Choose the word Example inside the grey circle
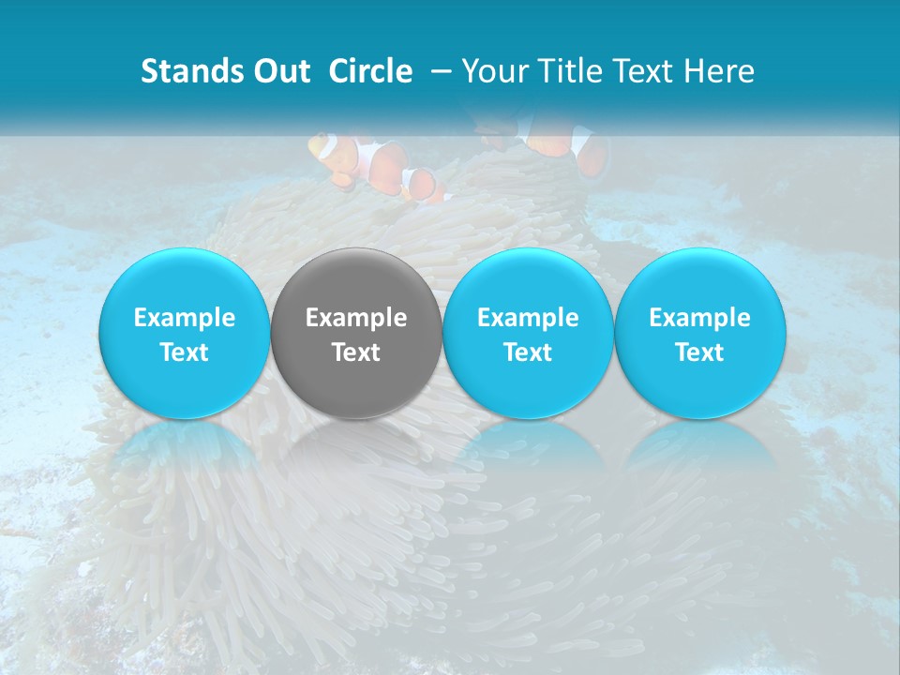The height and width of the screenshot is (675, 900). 356,318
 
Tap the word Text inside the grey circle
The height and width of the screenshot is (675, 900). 356,352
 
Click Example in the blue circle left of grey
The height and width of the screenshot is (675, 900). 185,318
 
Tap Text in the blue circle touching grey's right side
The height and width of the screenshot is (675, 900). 528,352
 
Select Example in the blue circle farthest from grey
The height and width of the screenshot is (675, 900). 700,318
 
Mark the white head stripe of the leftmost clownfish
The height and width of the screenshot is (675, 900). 324,146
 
